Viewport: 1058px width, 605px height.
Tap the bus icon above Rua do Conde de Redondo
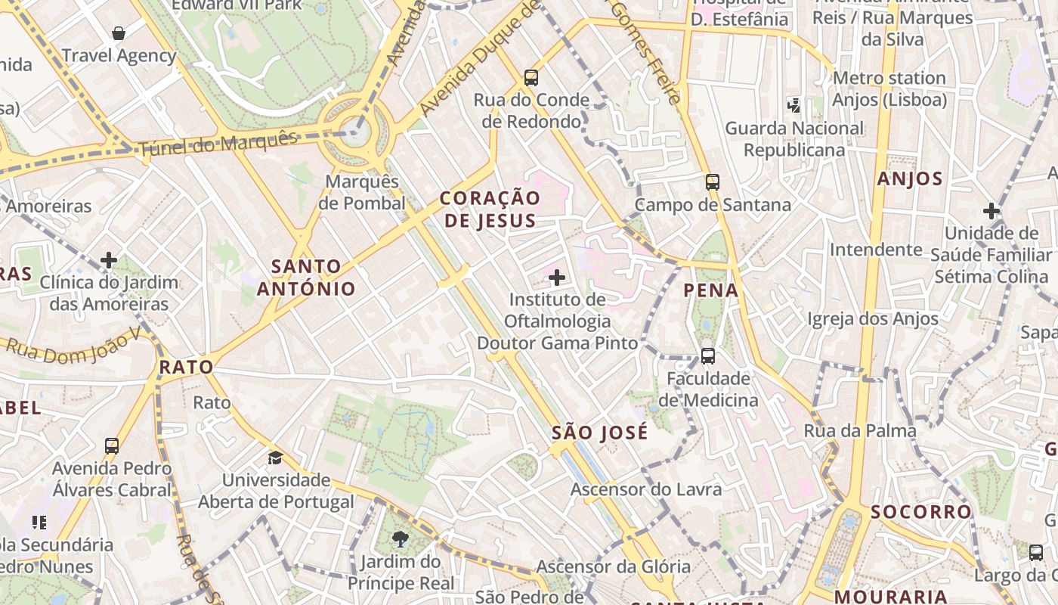point(531,77)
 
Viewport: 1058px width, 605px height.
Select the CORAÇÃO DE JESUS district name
point(490,209)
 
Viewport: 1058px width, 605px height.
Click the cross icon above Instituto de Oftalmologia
point(557,278)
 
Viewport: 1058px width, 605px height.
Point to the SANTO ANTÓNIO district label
point(306,277)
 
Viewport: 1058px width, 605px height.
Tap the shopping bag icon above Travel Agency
point(119,33)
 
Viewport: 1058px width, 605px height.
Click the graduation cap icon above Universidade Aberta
point(275,458)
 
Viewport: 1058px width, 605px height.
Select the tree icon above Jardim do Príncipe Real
point(400,539)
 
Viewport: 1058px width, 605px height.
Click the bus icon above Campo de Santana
point(712,181)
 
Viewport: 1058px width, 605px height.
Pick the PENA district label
point(710,290)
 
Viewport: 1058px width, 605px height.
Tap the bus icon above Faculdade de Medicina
point(708,355)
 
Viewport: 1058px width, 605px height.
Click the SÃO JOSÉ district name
point(599,433)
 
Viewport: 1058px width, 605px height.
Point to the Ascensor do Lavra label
point(645,489)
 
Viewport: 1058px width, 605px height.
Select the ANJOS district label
point(910,179)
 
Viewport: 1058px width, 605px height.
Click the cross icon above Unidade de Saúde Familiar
point(991,211)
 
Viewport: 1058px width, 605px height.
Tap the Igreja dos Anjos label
point(873,319)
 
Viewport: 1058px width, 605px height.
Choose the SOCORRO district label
point(920,512)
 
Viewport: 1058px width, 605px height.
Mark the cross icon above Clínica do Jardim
point(109,260)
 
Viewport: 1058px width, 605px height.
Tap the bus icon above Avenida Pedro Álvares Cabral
point(112,446)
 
